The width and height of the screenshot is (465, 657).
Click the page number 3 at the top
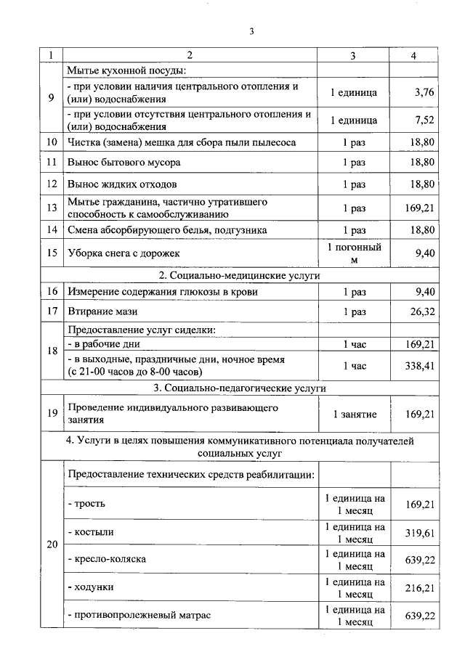pyautogui.click(x=251, y=31)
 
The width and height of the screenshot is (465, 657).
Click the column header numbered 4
pyautogui.click(x=413, y=55)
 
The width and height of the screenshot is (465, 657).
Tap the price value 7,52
pyautogui.click(x=423, y=120)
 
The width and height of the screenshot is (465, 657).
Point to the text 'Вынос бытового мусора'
pyautogui.click(x=124, y=162)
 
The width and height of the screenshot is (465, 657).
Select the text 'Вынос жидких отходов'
pyautogui.click(x=122, y=184)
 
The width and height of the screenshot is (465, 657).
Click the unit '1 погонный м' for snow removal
pyautogui.click(x=354, y=253)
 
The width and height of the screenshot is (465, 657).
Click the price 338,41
pyautogui.click(x=419, y=366)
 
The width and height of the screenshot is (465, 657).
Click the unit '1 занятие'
pyautogui.click(x=354, y=414)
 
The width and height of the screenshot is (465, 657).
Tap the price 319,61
pyautogui.click(x=419, y=531)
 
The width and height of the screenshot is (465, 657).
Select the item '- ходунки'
pyautogui.click(x=91, y=586)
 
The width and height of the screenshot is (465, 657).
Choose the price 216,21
pyautogui.click(x=419, y=586)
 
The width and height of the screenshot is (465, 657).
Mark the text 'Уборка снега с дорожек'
pyautogui.click(x=124, y=253)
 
